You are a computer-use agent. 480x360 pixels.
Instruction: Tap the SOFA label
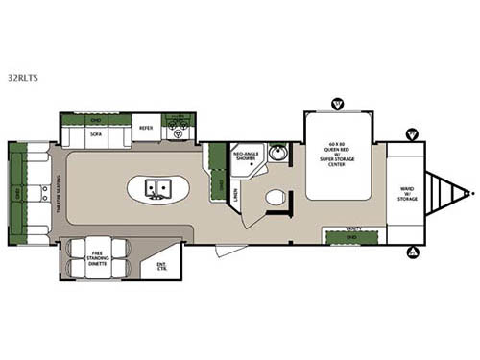click(x=96, y=135)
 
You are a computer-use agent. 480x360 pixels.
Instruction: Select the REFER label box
click(x=146, y=128)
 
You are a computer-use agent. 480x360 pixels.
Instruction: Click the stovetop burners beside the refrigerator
click(x=178, y=124)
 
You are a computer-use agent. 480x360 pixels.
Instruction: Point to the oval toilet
click(x=276, y=199)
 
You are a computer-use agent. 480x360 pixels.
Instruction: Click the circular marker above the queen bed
click(x=337, y=103)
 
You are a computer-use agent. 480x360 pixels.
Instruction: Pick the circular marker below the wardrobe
click(x=413, y=252)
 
